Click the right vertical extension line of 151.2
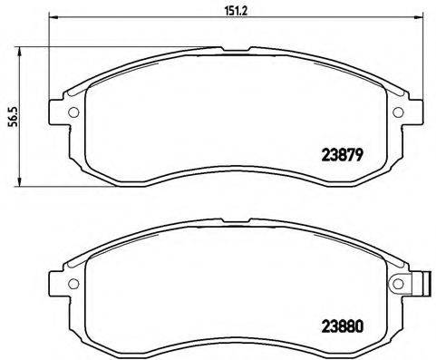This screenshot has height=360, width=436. click(419, 54)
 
